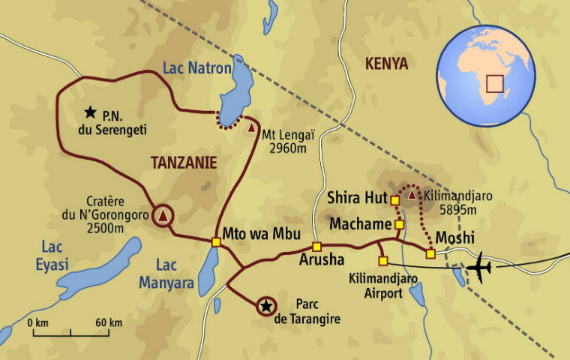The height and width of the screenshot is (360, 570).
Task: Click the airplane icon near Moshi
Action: click(478, 267)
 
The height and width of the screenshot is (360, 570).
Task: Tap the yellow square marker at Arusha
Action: click(316, 247)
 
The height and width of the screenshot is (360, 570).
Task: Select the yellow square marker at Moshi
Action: click(430, 253)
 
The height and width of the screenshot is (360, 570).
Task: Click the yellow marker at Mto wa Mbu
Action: click(216, 241)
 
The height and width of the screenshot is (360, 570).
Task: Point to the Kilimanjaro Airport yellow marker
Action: click(383, 261)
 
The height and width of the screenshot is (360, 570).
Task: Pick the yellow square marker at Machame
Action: click(399, 224)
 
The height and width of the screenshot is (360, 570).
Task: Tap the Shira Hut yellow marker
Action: click(394, 199)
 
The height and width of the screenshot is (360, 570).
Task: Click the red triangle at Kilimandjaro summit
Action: click(412, 196)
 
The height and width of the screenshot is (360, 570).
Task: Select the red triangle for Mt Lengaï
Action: click(251, 127)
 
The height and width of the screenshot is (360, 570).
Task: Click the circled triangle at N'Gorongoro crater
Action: click(163, 216)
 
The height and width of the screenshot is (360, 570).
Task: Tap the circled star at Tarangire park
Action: click(265, 305)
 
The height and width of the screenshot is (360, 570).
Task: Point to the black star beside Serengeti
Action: click(91, 112)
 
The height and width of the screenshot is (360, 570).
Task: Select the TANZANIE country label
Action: click(184, 162)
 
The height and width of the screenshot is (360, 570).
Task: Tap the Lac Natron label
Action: click(197, 69)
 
